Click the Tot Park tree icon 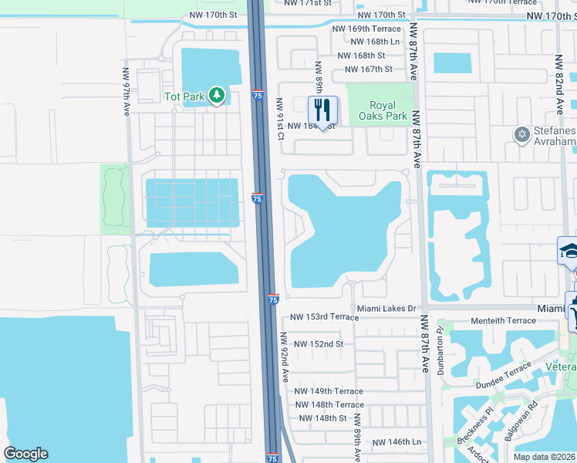click(218, 96)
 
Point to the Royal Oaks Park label click(383, 110)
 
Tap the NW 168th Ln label click(375, 42)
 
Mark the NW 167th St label click(368, 69)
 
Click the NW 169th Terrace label click(367, 29)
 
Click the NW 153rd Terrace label click(324, 317)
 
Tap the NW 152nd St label click(319, 344)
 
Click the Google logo click(25, 454)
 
